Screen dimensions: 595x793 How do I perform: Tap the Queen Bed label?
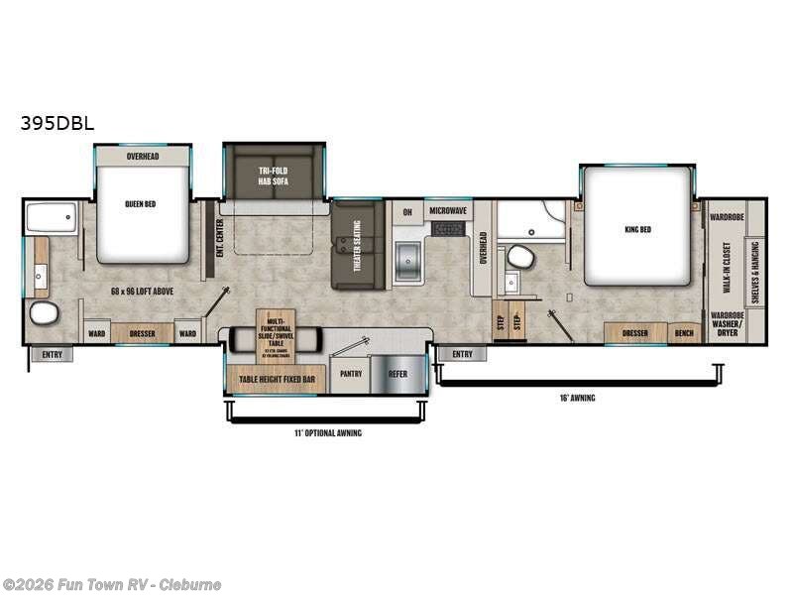[142, 204]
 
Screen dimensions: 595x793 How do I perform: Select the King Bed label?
[637, 229]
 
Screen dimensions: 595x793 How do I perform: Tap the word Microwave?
[448, 211]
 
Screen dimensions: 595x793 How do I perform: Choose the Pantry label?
[352, 373]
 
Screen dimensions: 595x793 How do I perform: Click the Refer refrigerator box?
[397, 373]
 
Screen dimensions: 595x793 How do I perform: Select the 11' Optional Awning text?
[329, 432]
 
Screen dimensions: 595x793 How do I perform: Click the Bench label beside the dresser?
[684, 333]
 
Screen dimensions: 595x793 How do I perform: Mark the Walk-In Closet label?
[727, 269]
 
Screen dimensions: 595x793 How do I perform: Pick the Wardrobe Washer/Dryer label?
[727, 324]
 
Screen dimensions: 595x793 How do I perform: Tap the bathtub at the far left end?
[53, 217]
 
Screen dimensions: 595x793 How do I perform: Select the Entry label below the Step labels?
[462, 354]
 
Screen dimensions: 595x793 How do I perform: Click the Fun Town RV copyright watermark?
[112, 584]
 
